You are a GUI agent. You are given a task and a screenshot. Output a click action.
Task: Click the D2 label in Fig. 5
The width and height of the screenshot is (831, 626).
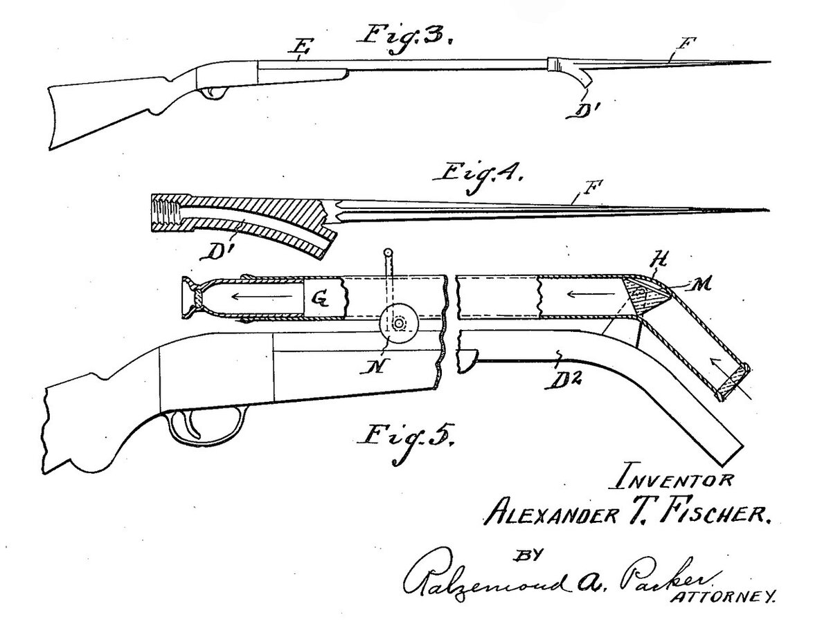564,378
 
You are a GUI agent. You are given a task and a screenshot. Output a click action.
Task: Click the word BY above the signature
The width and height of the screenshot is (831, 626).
528,555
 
